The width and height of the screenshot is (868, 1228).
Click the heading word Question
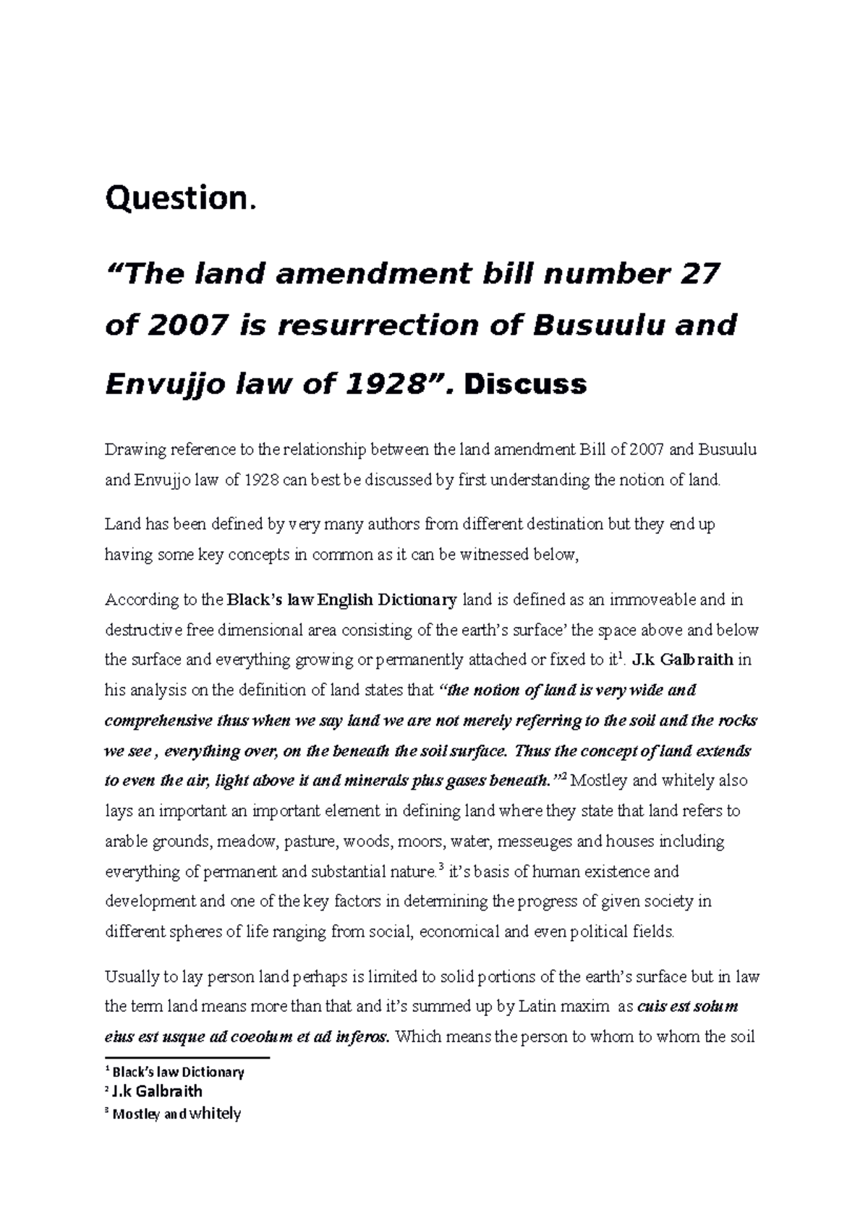click(x=180, y=198)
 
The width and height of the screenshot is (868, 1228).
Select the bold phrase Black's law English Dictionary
click(x=342, y=600)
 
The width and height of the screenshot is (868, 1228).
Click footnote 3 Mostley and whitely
click(x=173, y=1114)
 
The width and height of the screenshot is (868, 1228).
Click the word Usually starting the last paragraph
click(x=131, y=977)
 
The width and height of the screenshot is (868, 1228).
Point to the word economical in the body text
click(x=459, y=931)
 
